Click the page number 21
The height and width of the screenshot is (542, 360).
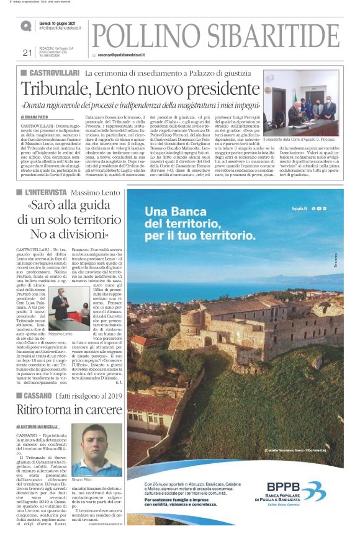(x=26, y=52)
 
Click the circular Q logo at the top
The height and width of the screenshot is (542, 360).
(x=25, y=26)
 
